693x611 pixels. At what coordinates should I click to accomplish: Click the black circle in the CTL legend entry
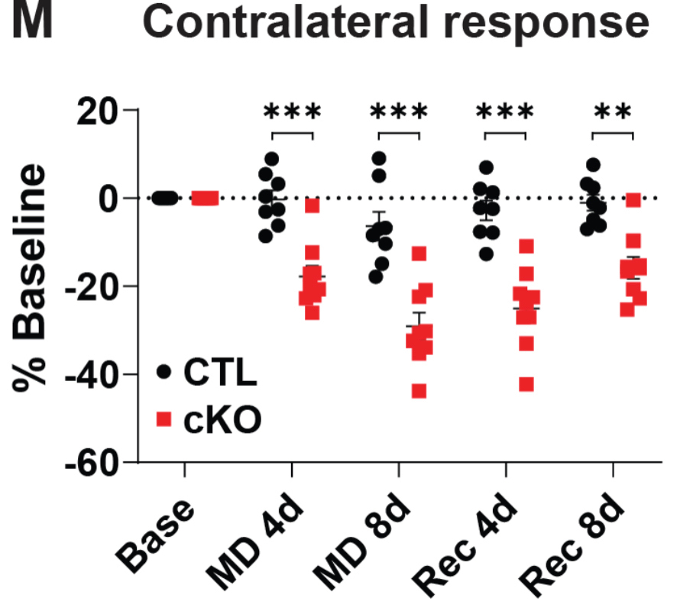164,372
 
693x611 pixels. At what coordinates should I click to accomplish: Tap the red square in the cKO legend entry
164,419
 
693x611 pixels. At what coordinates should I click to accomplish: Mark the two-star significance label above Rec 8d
613,112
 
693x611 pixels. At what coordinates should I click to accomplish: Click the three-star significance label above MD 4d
292,112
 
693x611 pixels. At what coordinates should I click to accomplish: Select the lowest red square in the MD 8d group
419,391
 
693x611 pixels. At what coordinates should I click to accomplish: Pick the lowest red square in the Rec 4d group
526,384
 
